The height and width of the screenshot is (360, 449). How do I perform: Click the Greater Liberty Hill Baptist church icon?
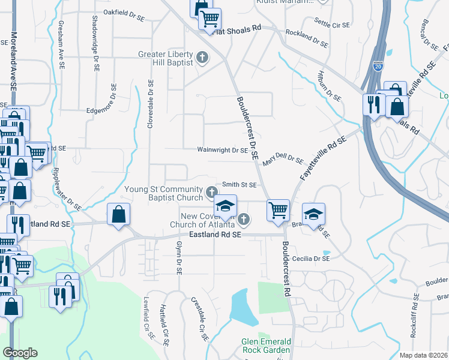203,58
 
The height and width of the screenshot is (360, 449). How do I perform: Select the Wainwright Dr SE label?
223,150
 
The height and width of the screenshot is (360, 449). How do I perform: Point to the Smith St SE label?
240,185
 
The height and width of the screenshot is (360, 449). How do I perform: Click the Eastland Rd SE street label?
215,235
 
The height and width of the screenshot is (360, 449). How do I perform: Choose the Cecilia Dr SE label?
312,259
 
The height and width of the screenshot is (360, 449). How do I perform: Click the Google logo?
20,353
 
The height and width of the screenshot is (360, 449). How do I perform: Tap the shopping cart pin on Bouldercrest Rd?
279,211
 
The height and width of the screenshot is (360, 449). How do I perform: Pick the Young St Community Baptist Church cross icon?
211,193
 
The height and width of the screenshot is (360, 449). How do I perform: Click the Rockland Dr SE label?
307,40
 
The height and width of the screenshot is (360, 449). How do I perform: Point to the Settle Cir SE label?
332,25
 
